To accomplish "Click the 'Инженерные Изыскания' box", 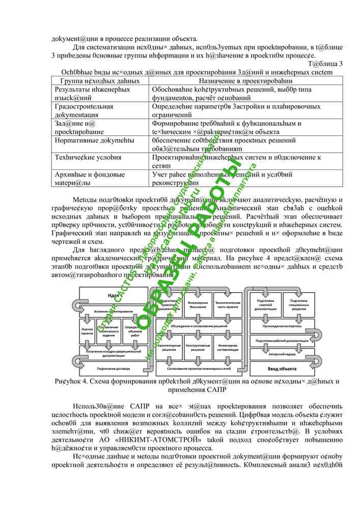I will pyautogui.click(x=199, y=304).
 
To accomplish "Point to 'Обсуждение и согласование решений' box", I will pyautogui.click(x=199, y=326).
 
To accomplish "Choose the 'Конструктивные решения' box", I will pyautogui.click(x=199, y=348).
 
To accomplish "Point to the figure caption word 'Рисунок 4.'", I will pyautogui.click(x=74, y=381).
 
